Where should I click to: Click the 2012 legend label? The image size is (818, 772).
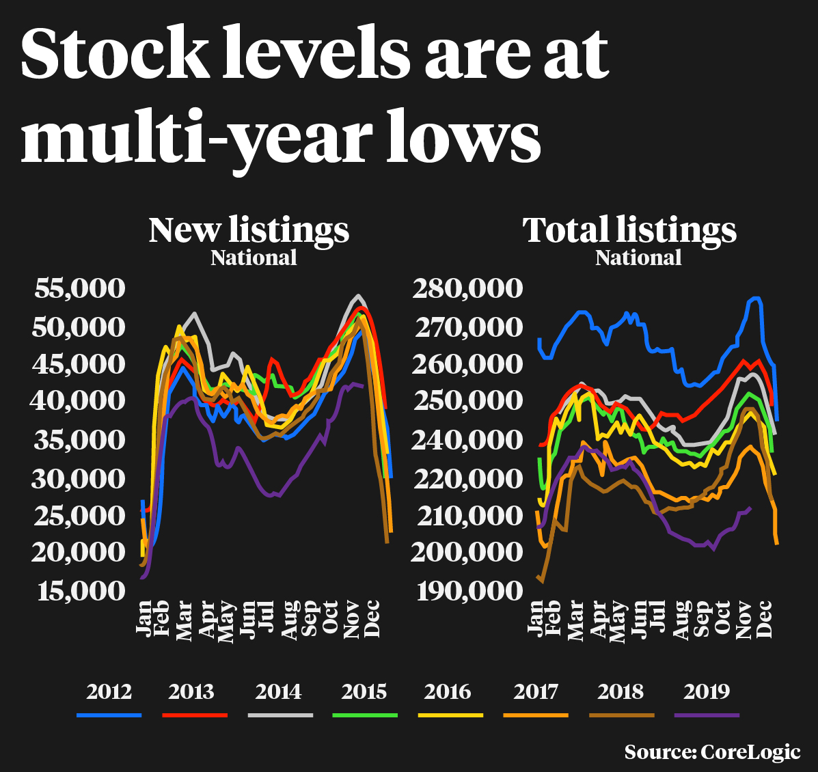coord(109,691)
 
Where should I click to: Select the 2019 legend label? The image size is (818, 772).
coord(707,691)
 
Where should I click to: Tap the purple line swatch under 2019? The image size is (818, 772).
coord(707,715)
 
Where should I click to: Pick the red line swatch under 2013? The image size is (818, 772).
coord(194,715)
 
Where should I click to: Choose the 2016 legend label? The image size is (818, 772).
coord(448,691)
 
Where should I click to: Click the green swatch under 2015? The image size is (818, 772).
coord(365,715)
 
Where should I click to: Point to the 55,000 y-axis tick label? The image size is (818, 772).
coord(80,288)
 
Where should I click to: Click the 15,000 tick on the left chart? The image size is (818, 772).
coord(80,590)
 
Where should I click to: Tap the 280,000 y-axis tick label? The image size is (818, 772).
coord(467,288)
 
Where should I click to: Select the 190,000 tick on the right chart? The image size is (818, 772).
coord(467,590)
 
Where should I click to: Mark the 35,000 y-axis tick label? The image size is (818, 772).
coord(80,439)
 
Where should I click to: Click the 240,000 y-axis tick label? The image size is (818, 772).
coord(467,439)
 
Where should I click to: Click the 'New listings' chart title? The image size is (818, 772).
coord(249,230)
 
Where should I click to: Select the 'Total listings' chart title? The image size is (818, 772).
coord(629,230)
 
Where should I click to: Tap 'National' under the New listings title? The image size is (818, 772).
coord(254,258)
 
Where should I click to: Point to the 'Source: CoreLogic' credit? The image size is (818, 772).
coord(712,752)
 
